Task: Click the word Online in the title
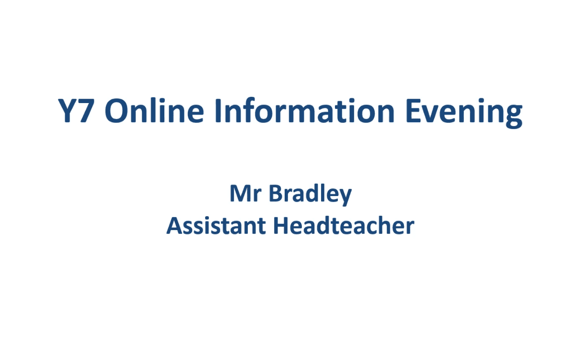pyautogui.click(x=154, y=111)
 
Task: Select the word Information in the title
pyautogui.click(x=304, y=111)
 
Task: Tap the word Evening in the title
pyautogui.click(x=464, y=113)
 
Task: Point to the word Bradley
pyautogui.click(x=311, y=195)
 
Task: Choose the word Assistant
pyautogui.click(x=216, y=225)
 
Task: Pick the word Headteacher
pyautogui.click(x=344, y=225)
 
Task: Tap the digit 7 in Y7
pyautogui.click(x=85, y=111)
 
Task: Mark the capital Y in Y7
pyautogui.click(x=67, y=111)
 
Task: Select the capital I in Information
pyautogui.click(x=219, y=111)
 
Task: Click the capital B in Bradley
pyautogui.click(x=276, y=193)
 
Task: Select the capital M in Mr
pyautogui.click(x=241, y=193)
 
